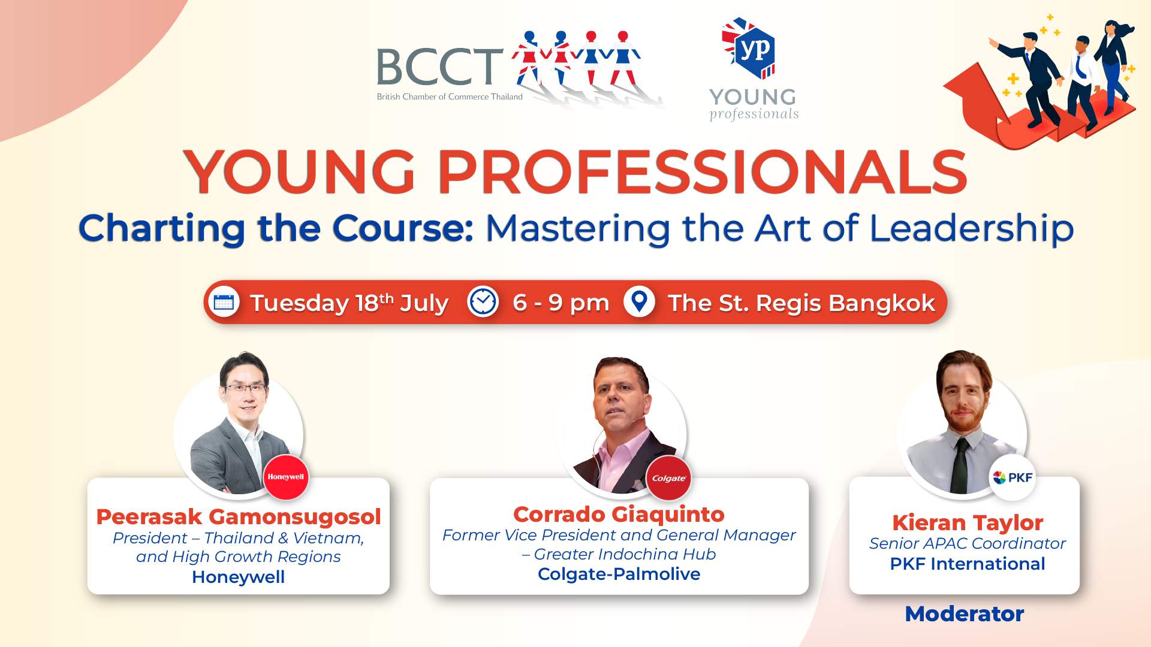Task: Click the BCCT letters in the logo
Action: tap(439, 67)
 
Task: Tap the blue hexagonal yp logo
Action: tap(750, 49)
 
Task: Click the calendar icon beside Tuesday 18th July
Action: tap(224, 302)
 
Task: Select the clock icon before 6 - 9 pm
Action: tap(483, 302)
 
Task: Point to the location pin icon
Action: tap(639, 302)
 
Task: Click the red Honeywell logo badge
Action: tap(286, 477)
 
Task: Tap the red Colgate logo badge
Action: tap(669, 478)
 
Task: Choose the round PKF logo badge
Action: tap(1013, 477)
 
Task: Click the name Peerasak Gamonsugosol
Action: tap(239, 516)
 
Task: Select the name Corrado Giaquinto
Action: tap(619, 514)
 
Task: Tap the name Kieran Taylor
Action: tap(968, 522)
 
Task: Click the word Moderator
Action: tap(964, 613)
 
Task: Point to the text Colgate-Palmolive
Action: tap(619, 574)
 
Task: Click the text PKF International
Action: tap(968, 564)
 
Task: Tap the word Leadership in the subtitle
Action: tap(971, 229)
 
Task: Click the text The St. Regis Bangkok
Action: tap(802, 303)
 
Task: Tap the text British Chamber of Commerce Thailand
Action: tap(450, 96)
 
